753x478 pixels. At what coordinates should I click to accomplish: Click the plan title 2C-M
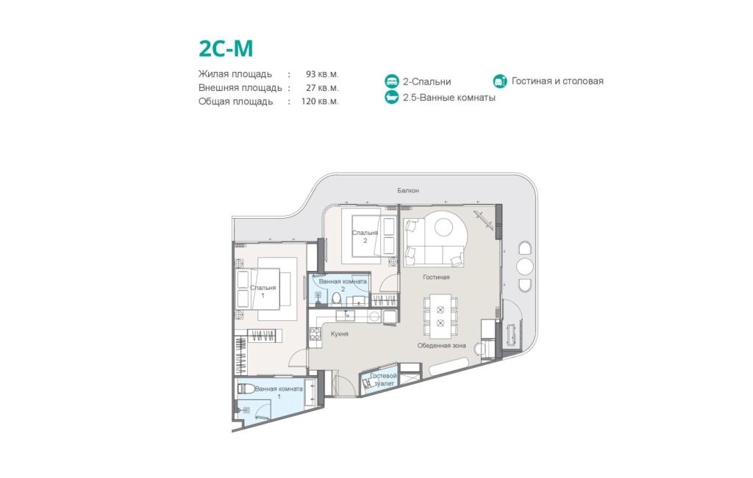226,48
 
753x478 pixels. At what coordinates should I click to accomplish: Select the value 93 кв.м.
322,74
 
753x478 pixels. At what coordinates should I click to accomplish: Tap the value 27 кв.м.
322,87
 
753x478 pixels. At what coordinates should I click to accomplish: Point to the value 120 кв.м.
320,101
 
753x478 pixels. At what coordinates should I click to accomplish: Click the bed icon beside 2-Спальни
392,82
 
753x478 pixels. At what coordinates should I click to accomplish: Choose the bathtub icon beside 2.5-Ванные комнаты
392,98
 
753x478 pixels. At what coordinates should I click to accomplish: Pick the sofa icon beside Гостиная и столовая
500,81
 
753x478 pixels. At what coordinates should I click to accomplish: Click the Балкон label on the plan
407,190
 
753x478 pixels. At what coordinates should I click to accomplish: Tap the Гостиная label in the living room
436,277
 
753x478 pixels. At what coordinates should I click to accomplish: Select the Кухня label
340,333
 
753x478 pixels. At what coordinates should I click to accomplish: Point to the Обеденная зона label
441,345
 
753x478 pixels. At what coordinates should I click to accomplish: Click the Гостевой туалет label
384,380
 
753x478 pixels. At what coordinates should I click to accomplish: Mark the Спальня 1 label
263,291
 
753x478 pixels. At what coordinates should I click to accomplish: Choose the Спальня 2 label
365,236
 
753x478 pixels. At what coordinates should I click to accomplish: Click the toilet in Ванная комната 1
246,388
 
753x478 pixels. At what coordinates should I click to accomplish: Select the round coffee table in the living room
443,228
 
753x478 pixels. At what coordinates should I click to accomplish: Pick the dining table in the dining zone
440,316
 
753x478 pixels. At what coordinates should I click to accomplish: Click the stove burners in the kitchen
315,333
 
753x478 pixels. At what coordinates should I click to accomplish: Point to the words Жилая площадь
235,74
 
